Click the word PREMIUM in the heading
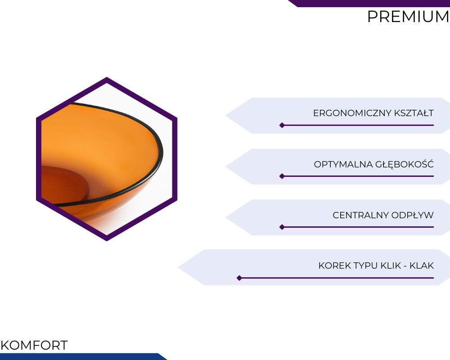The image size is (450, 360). [x=408, y=17]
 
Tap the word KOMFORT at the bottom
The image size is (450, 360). [x=34, y=345]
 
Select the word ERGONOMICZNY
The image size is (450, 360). [x=352, y=113]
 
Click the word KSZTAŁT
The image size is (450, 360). [x=414, y=113]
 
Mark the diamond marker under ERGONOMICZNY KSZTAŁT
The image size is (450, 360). [x=282, y=125]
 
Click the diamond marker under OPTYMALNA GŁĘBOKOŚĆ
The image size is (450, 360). [x=282, y=176]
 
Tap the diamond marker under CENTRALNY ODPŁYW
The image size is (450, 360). [x=282, y=227]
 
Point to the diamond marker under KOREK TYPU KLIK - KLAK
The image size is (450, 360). [x=239, y=278]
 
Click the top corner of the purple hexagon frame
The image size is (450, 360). [x=107, y=77]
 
